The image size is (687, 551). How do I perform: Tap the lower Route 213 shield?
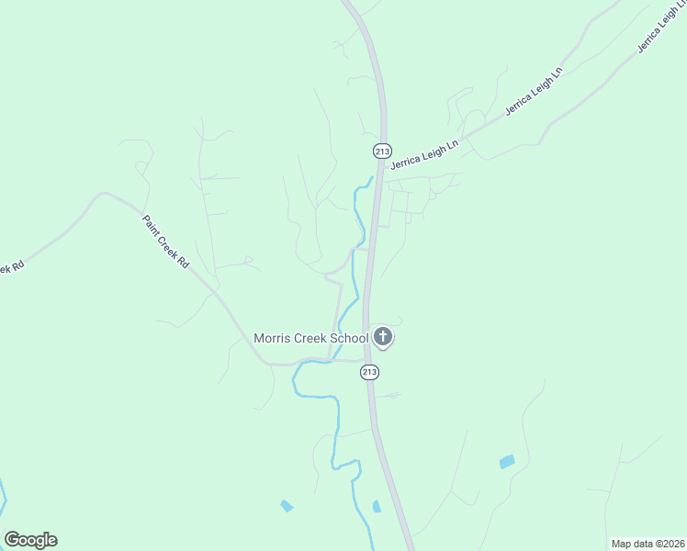click(x=369, y=372)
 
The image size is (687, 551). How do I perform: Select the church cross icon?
click(x=383, y=338)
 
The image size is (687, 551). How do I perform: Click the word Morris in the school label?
click(x=272, y=339)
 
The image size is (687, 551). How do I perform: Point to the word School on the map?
click(x=350, y=339)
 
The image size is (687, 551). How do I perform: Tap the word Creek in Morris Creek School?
click(x=311, y=339)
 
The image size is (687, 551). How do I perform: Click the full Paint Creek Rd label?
click(x=165, y=242)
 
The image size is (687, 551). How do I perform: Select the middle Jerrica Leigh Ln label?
click(x=534, y=92)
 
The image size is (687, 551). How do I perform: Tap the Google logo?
click(x=30, y=540)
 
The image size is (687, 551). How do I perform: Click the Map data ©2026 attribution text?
click(x=648, y=544)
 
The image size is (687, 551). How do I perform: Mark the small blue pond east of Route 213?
click(x=507, y=462)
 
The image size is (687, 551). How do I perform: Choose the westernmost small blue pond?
click(x=287, y=506)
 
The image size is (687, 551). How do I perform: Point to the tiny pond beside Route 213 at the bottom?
click(x=377, y=506)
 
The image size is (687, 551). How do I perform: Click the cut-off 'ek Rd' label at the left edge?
click(x=10, y=267)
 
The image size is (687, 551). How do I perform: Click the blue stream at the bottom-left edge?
click(x=4, y=500)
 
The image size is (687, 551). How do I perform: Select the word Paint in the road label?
click(x=152, y=226)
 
